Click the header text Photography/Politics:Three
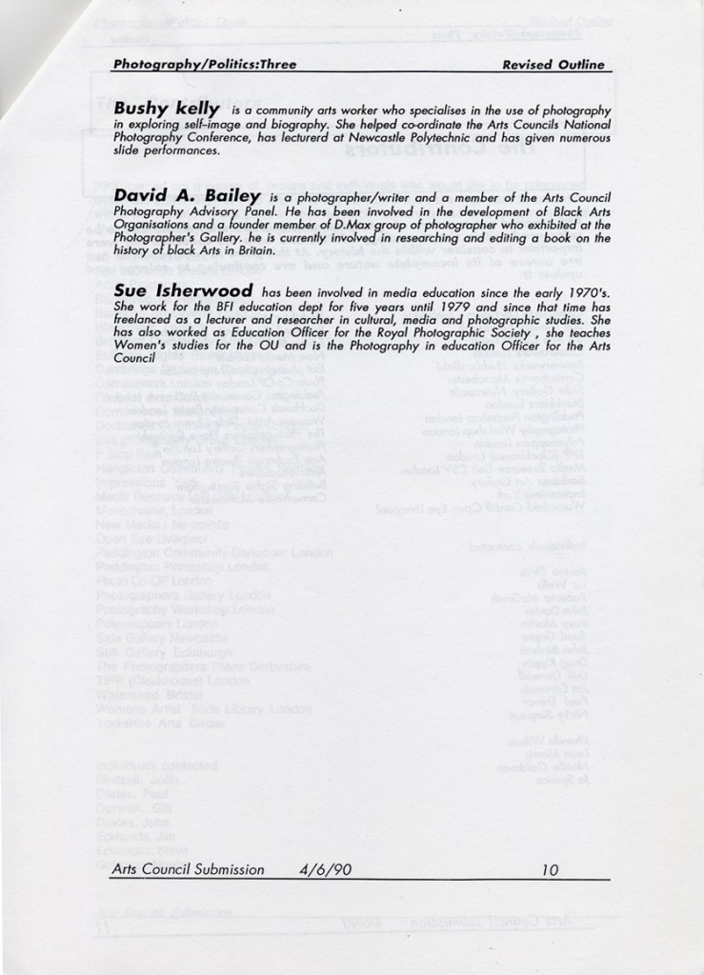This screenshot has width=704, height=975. pos(204,65)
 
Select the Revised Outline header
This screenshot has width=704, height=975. pos(553,65)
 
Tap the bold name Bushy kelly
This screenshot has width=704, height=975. pos(167,109)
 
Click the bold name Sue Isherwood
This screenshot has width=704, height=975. pos(183,289)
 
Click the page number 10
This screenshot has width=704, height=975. pos(549,868)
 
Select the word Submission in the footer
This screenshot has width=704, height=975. pos(226,868)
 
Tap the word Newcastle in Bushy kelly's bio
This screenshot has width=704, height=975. pos(410,137)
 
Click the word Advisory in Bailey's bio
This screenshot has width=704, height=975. pos(211,210)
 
